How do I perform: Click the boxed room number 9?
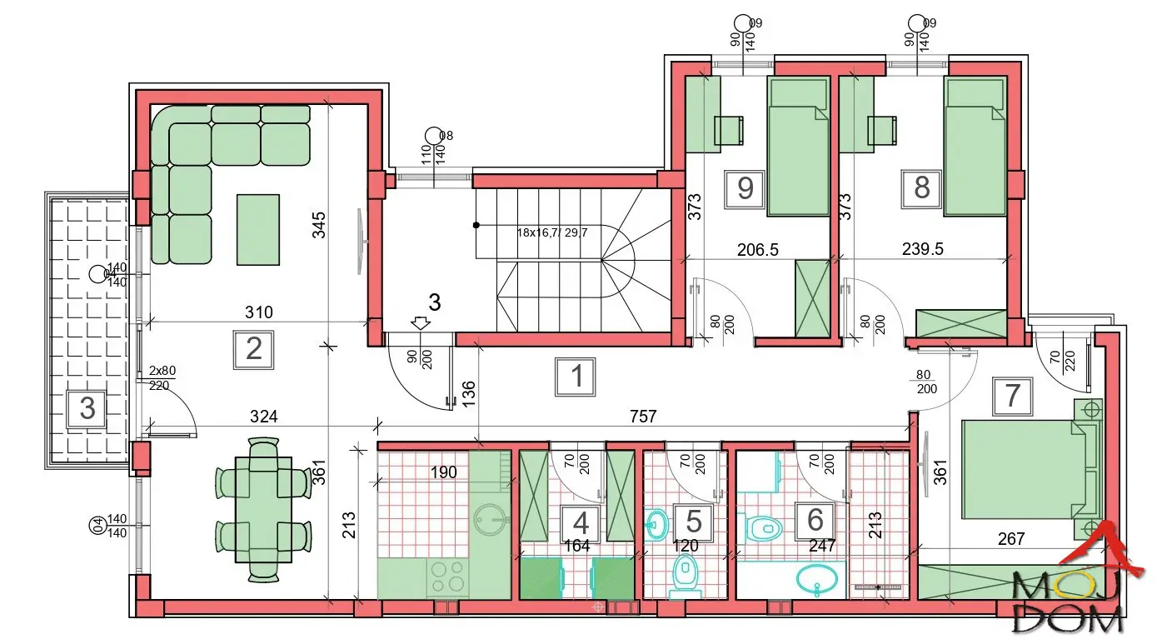(745, 189)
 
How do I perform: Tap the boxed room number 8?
(921, 189)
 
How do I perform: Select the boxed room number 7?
(1012, 397)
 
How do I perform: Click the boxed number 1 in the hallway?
(576, 377)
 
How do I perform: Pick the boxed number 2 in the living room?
(253, 350)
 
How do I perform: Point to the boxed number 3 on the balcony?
(87, 409)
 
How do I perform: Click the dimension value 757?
(643, 417)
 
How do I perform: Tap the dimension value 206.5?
(758, 250)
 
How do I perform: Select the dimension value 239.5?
(922, 249)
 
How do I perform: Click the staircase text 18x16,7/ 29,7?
(552, 233)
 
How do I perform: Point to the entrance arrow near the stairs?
(421, 323)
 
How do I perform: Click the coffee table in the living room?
(258, 230)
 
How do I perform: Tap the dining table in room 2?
(263, 510)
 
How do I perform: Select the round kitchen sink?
(490, 519)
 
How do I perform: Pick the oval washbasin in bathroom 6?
(817, 580)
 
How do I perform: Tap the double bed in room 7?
(1032, 469)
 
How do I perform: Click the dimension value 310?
(259, 312)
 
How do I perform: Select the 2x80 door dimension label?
(162, 371)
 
